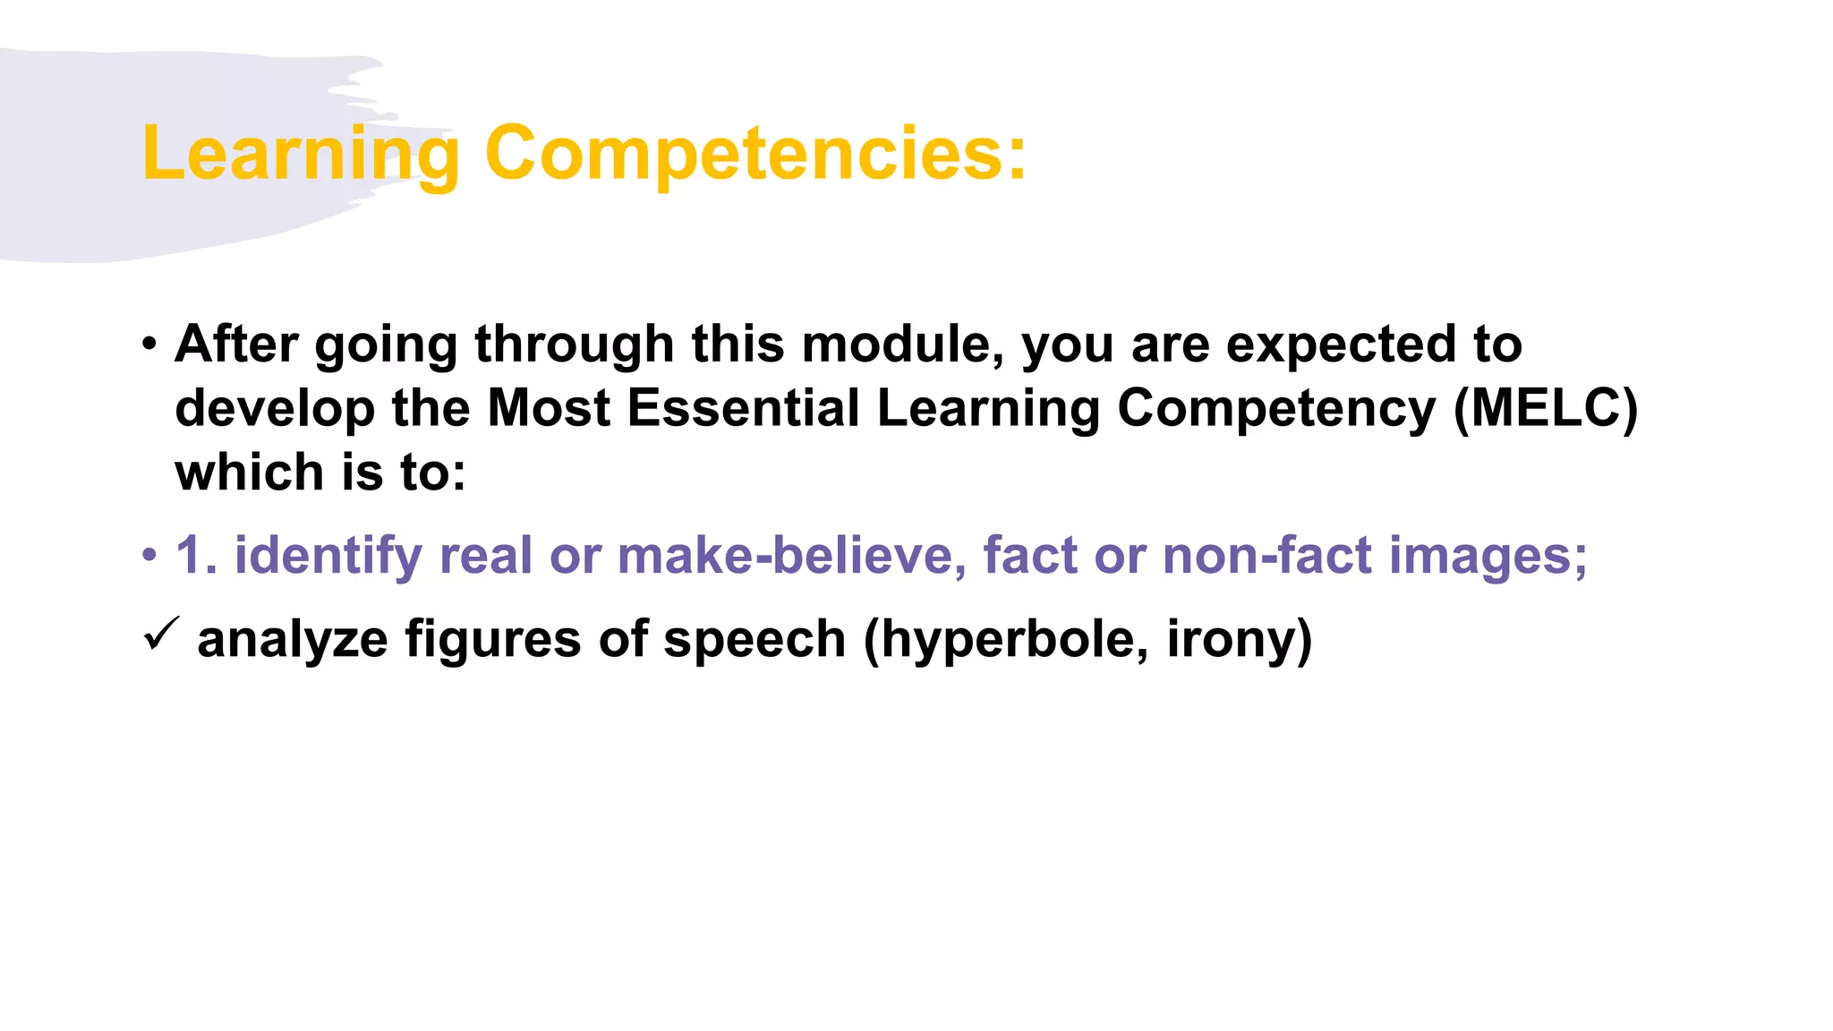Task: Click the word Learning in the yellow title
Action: coord(300,154)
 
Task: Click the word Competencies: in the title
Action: coord(755,154)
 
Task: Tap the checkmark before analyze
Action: coord(161,635)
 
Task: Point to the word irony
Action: coord(1239,640)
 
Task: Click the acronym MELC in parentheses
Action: coord(1546,408)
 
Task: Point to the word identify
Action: coord(328,557)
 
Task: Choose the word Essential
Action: coord(743,408)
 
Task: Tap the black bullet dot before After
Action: coord(149,345)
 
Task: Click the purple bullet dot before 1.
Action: coord(149,556)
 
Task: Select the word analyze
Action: coord(292,640)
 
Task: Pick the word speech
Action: coord(755,640)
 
